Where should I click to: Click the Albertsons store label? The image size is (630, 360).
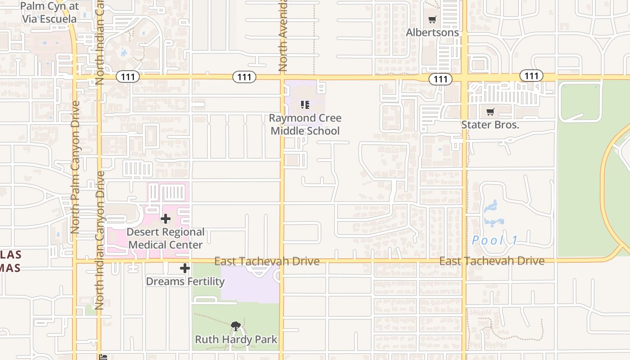coord(432,32)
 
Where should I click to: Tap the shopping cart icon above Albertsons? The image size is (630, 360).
coord(432,20)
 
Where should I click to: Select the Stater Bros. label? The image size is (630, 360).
coord(490,125)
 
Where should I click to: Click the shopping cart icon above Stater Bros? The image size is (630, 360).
coord(490,112)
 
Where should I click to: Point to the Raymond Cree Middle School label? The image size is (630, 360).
coord(305,125)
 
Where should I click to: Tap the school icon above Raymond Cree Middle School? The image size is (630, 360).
coord(305,105)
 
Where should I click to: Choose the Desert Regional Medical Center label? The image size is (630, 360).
coord(166,238)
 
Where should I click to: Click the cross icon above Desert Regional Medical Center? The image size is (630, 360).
coord(166,219)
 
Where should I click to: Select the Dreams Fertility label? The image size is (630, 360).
coord(185,281)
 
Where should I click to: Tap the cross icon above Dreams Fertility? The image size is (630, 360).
coord(185,269)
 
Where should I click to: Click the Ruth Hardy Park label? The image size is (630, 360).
coord(236,339)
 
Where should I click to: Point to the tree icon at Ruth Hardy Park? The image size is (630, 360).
coord(235,326)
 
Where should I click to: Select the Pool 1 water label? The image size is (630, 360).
coord(495,240)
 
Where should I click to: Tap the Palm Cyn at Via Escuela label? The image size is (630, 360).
coord(49,13)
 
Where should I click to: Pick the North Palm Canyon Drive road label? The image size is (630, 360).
coord(75,166)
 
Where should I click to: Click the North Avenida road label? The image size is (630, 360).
coord(283,36)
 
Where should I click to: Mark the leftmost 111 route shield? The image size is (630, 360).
coord(128,77)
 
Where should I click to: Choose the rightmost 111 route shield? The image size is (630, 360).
coord(531,76)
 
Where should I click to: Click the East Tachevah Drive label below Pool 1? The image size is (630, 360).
coord(492,261)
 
